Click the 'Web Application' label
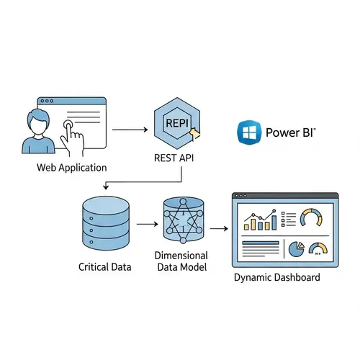click(71, 168)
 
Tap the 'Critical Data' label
click(105, 267)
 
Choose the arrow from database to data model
click(148, 225)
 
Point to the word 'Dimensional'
click(182, 256)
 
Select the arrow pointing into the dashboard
click(218, 229)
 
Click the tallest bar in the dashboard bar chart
click(273, 216)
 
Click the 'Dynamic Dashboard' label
click(278, 278)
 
